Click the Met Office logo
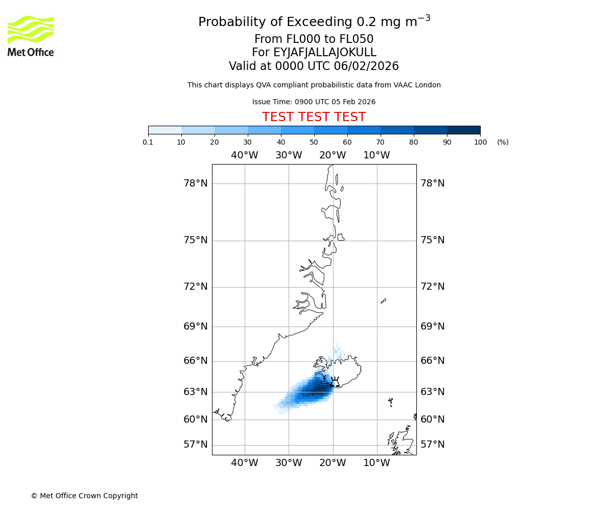click(x=31, y=36)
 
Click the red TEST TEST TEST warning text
click(x=314, y=117)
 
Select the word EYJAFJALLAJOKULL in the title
click(x=325, y=53)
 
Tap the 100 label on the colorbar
click(x=480, y=142)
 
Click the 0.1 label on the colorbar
click(x=148, y=142)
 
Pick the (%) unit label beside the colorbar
click(x=503, y=142)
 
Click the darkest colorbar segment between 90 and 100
click(x=463, y=130)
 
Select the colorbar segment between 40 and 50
click(x=297, y=130)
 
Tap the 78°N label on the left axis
click(x=196, y=183)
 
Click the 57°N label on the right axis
click(x=432, y=445)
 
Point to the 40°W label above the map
click(x=245, y=155)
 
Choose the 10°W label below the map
click(x=377, y=463)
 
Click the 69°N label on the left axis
click(x=196, y=327)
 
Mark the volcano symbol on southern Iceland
click(x=335, y=382)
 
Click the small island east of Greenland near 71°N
click(x=383, y=301)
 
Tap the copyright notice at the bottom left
click(x=84, y=496)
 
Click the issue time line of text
click(x=314, y=102)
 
